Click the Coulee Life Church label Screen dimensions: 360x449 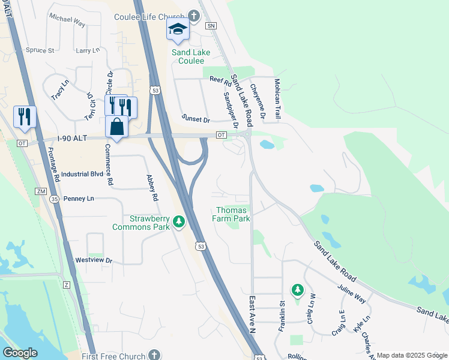click(150, 16)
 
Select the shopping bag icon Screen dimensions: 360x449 click(116, 127)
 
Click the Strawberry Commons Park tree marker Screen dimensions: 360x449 click(178, 223)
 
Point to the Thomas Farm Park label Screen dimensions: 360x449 click(232, 214)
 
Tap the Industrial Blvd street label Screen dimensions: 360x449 click(82, 174)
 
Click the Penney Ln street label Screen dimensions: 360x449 click(79, 199)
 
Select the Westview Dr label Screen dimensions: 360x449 click(94, 260)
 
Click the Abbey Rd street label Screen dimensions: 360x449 click(152, 187)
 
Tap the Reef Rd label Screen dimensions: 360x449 click(220, 79)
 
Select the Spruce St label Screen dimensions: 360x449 click(40, 50)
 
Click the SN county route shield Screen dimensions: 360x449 click(210, 26)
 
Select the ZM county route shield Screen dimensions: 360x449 click(41, 191)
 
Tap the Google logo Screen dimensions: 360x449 click(20, 353)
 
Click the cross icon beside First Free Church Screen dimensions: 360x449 click(154, 355)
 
